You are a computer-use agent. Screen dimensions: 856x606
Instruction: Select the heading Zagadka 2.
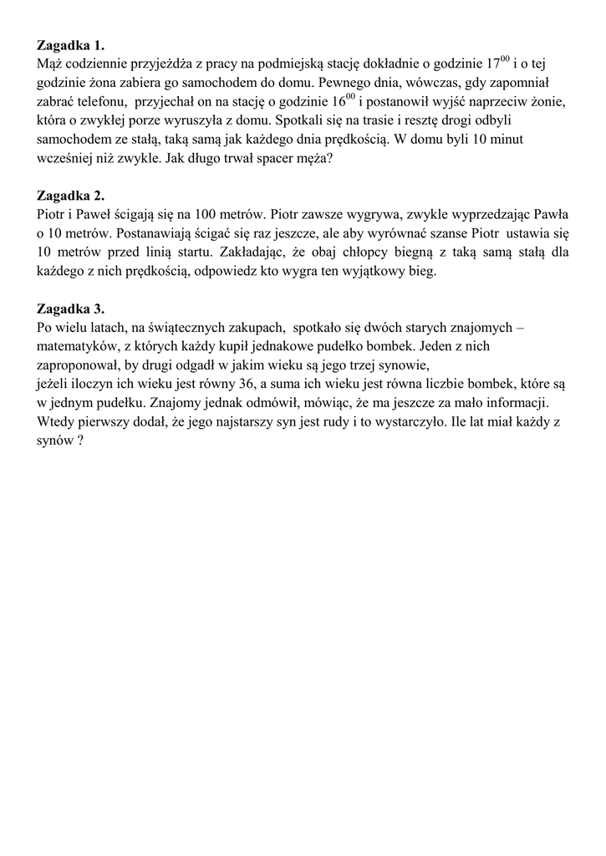coord(71,196)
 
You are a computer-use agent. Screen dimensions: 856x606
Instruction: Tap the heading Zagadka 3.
coord(71,308)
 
